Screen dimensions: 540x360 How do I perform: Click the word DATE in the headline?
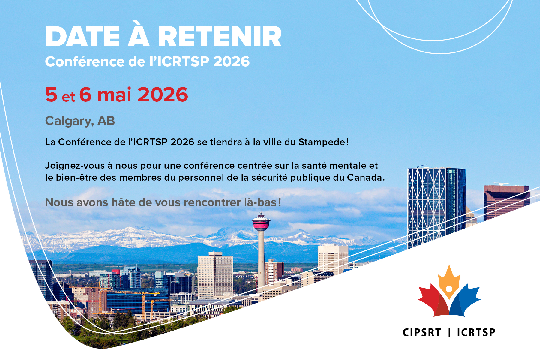(x=83, y=37)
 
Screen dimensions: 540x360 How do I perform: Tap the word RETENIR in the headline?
(x=220, y=37)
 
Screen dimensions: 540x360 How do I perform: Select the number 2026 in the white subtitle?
(x=232, y=61)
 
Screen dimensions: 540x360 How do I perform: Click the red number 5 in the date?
(x=51, y=95)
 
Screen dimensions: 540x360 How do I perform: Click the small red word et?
(x=68, y=97)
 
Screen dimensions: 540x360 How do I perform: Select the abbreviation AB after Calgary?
(x=106, y=121)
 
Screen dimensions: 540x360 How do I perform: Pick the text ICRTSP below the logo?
(x=476, y=332)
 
